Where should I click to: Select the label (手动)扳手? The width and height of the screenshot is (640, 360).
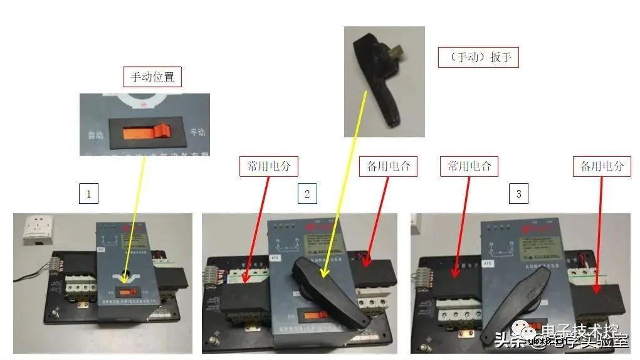coord(478,58)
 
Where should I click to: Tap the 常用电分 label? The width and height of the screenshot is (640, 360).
coord(268,166)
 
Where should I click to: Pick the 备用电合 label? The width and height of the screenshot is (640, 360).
coord(388,166)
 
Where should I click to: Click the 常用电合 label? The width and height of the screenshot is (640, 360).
coord(469,166)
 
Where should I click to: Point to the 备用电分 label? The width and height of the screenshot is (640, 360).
coord(602,166)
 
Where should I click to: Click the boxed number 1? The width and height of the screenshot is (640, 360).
coord(88,194)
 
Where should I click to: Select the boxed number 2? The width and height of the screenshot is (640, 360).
coord(307,194)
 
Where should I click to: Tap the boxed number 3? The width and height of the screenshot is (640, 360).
coord(518,194)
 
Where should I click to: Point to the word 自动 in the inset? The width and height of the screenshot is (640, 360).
coord(95,135)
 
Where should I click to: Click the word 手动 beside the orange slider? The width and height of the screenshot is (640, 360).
coord(197,132)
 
